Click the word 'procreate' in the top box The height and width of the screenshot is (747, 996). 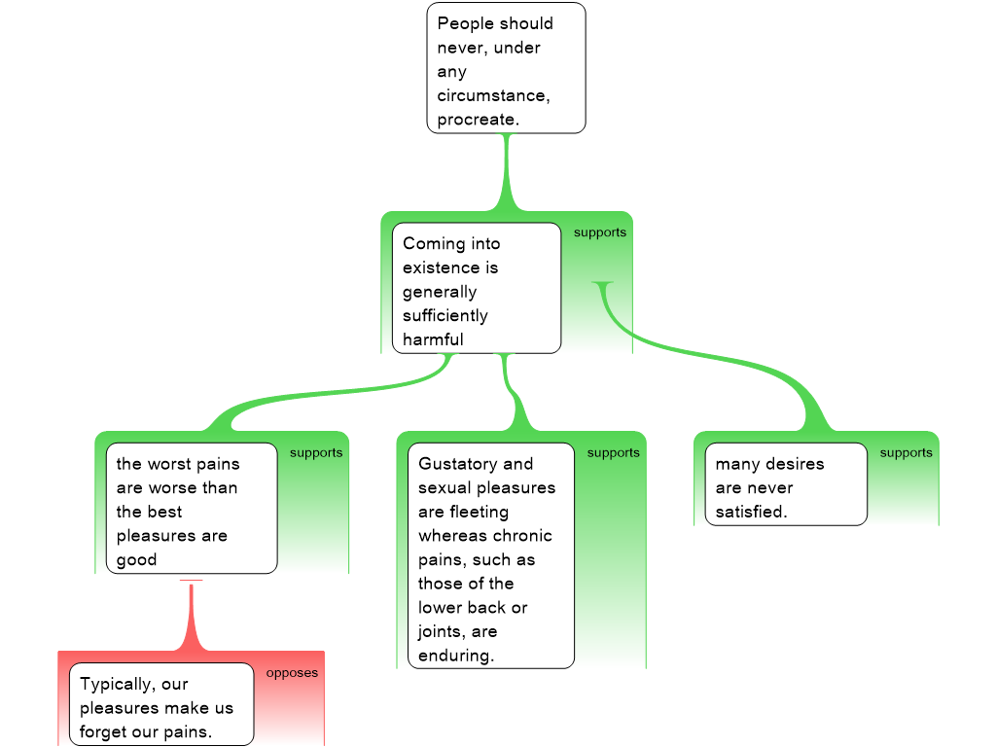coord(475,120)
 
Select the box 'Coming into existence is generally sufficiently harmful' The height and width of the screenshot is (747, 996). coord(477,288)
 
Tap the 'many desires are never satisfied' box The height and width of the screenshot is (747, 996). coord(786,484)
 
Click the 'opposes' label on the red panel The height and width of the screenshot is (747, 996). coord(292,673)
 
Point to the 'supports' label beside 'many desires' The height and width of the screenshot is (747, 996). coord(906,453)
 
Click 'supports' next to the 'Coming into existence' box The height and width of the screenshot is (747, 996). coord(599,232)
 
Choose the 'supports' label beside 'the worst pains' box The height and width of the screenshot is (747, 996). coord(316,453)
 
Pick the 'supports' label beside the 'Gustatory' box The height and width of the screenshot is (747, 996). coord(613,453)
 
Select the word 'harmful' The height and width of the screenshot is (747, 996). coord(433,339)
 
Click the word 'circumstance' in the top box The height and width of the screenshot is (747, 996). coord(491,96)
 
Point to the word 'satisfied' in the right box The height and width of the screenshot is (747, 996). coord(749,512)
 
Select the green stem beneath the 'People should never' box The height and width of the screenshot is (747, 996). coord(506,172)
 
